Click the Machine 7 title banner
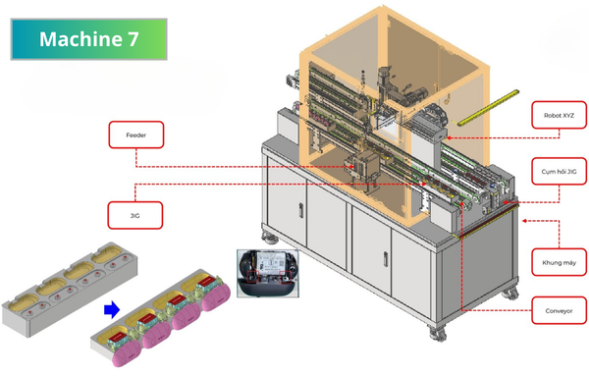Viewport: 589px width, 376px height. [x=88, y=39]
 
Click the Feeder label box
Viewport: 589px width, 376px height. [x=136, y=134]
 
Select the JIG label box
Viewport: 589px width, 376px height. [x=135, y=215]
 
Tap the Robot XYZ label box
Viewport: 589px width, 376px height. [x=559, y=115]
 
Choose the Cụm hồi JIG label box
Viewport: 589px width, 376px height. [x=559, y=171]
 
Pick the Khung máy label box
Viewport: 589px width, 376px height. [x=559, y=262]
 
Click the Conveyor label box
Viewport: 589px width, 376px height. [x=559, y=310]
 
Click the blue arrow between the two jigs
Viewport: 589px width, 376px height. [x=112, y=310]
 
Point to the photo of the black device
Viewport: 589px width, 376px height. [x=268, y=274]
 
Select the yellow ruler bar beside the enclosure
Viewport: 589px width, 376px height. [x=487, y=107]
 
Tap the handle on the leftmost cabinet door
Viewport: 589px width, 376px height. [x=301, y=210]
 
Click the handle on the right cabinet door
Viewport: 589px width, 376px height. [x=386, y=259]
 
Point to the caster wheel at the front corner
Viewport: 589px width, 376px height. [x=438, y=333]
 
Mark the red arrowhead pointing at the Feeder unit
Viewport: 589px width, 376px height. [x=351, y=166]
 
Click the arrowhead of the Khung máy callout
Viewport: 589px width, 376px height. [x=525, y=221]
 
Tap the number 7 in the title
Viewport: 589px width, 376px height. [x=133, y=39]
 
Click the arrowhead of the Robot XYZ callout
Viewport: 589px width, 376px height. [x=449, y=137]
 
